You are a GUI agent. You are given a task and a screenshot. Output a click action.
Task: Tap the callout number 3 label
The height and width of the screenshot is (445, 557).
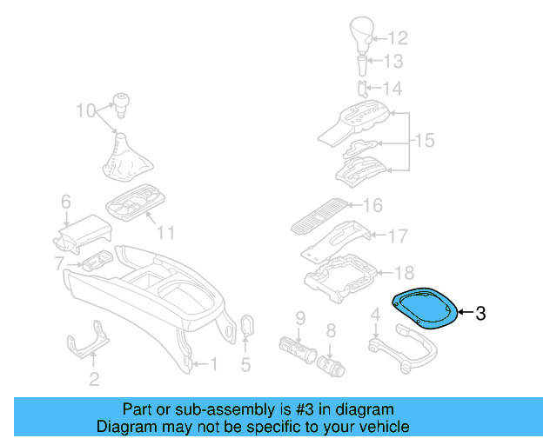coord(481,313)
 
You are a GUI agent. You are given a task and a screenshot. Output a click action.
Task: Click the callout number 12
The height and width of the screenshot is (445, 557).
coord(397,37)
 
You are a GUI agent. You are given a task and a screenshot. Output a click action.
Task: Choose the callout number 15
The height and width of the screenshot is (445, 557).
coord(424,141)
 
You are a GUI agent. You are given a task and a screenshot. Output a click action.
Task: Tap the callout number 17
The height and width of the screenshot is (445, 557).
coord(397,236)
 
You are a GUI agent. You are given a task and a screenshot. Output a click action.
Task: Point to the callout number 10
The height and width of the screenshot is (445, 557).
coord(84,110)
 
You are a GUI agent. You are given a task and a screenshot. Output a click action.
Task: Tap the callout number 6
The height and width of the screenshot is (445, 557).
coord(65,203)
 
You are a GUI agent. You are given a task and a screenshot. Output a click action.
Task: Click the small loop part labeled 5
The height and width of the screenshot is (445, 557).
coord(246,327)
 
